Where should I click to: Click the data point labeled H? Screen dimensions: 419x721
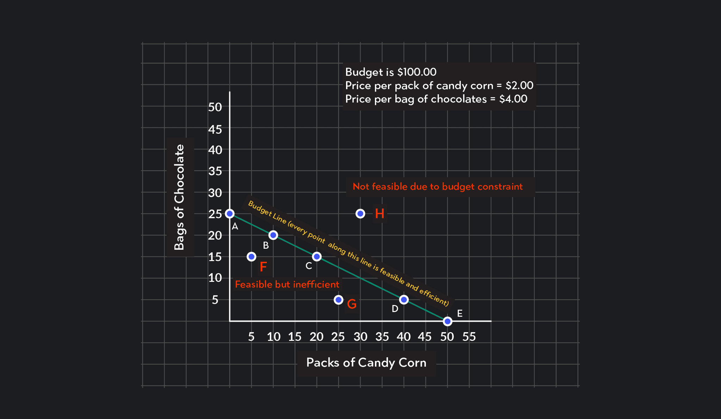point(360,214)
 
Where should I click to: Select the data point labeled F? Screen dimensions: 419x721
point(251,256)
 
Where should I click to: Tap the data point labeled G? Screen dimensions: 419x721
point(338,300)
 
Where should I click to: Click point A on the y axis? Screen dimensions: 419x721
point(230,214)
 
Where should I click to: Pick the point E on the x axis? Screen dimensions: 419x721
point(447,321)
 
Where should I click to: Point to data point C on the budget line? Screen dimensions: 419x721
point(317,256)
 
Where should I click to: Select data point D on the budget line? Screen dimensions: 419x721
point(404,300)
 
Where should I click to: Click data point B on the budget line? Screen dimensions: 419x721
point(273,235)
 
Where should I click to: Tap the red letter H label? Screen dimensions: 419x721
point(380,214)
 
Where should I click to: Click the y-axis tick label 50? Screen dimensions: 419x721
point(215,107)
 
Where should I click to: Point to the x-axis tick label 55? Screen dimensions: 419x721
point(469,337)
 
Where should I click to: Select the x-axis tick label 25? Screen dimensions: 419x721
point(338,337)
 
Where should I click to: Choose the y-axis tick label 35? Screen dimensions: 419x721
point(215,171)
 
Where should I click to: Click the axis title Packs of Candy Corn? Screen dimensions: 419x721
point(366,363)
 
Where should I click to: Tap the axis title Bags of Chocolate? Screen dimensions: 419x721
point(180,197)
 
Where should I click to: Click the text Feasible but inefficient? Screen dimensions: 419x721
point(287,284)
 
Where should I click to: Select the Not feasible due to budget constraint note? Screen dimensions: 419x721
point(438,186)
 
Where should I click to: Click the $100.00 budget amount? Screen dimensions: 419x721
point(416,72)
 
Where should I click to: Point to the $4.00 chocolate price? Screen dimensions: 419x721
point(513,99)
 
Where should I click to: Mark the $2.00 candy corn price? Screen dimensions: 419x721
point(519,85)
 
